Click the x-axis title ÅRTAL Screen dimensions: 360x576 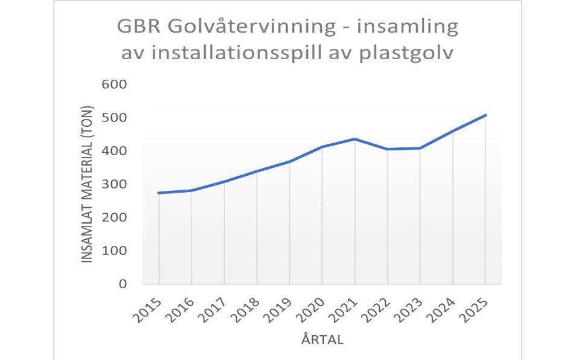tap(322, 340)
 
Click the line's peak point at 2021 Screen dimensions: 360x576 tap(355, 139)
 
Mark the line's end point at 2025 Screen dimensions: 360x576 tap(485, 115)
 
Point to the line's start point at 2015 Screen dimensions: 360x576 tap(159, 193)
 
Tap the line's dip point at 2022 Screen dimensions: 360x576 tap(388, 149)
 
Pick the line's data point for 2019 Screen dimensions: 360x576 tap(289, 162)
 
